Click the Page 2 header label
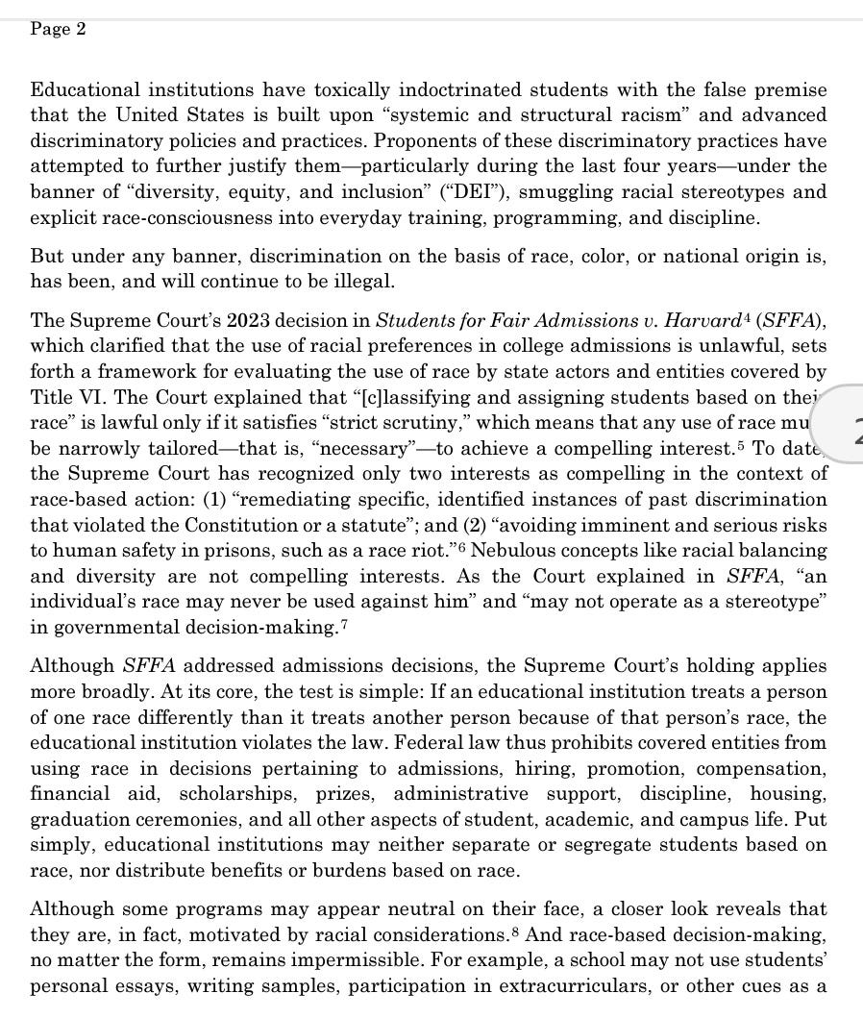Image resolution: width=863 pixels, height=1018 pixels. coord(58,29)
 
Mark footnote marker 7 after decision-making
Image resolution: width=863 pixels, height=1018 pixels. coord(360,622)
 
